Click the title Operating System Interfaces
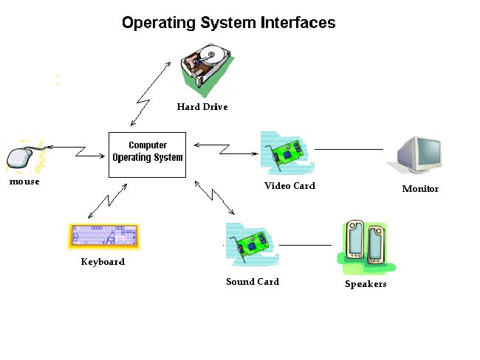pos(228,23)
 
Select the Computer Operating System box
pos(148,154)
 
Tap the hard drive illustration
pos(206,69)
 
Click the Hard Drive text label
pos(202,107)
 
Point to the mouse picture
pos(22,157)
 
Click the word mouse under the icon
pos(24,181)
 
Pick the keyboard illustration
pos(104,237)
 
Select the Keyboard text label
pos(103,262)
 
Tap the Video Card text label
pos(289,186)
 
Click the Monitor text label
pos(420,189)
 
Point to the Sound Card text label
pos(253,282)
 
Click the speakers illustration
pos(366,243)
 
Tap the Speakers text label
pos(366,284)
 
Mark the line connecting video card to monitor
pos(349,149)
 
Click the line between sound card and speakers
pos(305,245)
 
